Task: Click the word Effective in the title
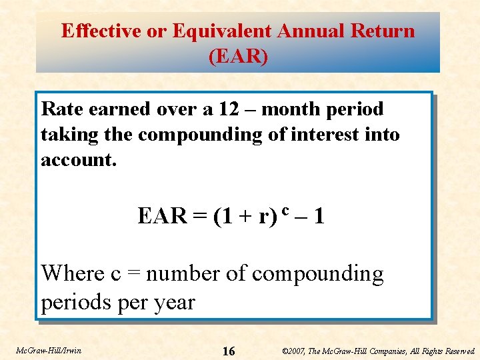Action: point(102,31)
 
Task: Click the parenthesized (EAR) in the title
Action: point(238,57)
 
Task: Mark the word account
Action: point(79,160)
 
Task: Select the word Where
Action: point(73,273)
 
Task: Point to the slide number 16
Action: point(228,351)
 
